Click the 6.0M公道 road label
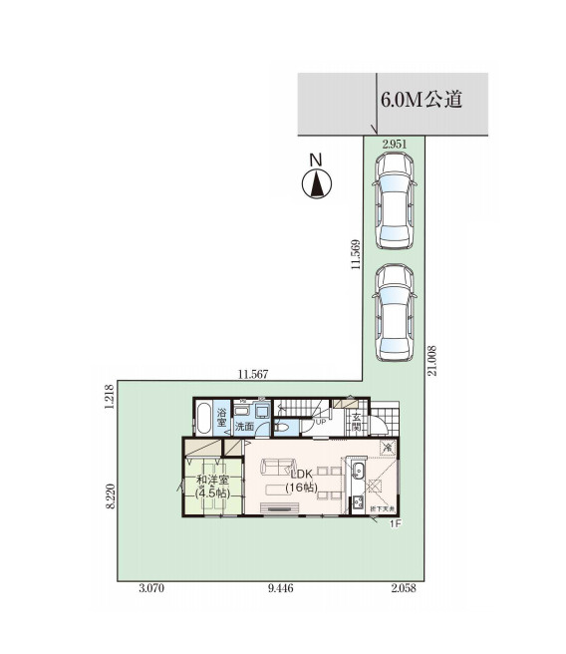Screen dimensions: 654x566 click(419, 101)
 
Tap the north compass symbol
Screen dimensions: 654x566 click(316, 182)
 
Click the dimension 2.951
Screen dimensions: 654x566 click(396, 144)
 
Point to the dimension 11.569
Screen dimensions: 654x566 click(355, 256)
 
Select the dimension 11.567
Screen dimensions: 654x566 click(253, 374)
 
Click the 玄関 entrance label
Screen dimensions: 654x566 click(357, 420)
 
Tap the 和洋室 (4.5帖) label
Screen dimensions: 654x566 click(213, 487)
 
